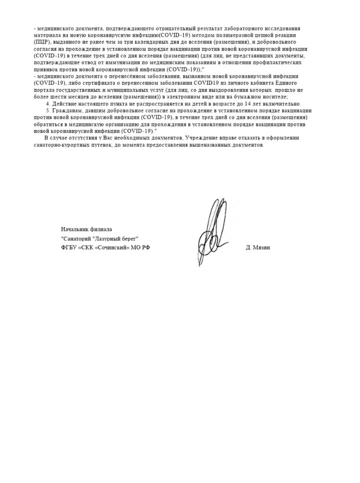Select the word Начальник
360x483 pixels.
click(x=74, y=229)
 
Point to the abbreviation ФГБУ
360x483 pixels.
click(x=68, y=248)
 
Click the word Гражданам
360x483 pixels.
click(x=65, y=110)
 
